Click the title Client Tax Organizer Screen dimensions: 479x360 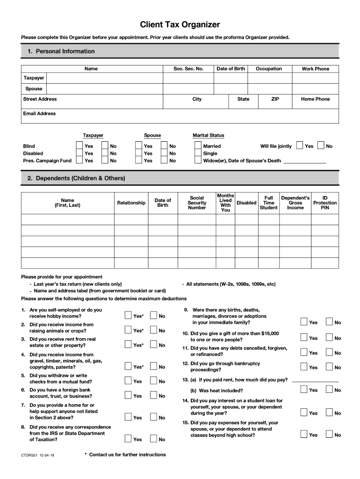[180, 25]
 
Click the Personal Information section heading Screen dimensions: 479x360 [61, 51]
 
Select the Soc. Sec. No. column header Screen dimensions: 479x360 [188, 69]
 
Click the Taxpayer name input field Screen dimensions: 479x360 [104, 78]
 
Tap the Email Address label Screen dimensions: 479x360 [39, 114]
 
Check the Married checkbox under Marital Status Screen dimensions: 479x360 [198, 146]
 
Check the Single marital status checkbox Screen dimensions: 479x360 [198, 153]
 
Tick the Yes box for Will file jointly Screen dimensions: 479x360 [300, 146]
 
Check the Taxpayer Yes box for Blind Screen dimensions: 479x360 [79, 146]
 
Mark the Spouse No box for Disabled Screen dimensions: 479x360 [164, 153]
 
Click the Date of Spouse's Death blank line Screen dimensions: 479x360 [305, 161]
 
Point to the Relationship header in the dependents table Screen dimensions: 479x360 [131, 203]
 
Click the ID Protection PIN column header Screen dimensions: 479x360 [325, 203]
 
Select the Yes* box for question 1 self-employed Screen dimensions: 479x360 [128, 316]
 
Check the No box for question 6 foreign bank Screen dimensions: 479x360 [153, 395]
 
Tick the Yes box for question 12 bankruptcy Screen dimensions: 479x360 [304, 367]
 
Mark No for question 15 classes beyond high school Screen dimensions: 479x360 [329, 435]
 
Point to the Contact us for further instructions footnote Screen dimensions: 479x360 [125, 455]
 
